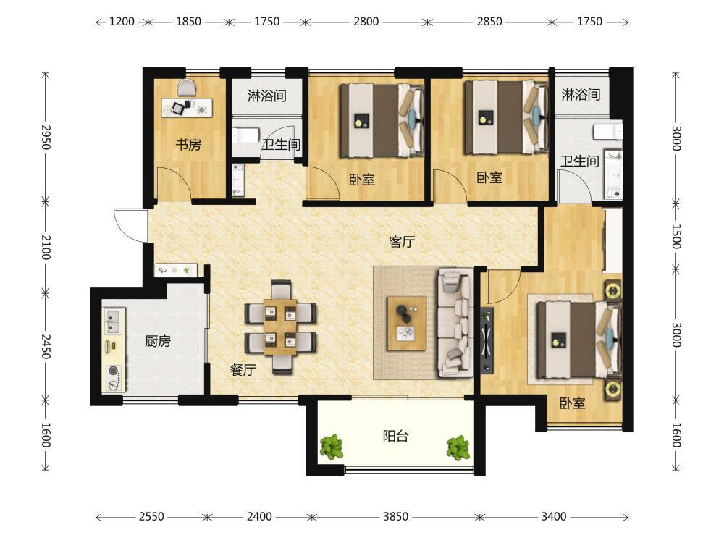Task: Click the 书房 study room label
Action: click(188, 145)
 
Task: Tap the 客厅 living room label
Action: click(402, 242)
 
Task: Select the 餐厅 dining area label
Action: click(243, 369)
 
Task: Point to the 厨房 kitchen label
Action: click(158, 341)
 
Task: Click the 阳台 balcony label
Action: click(396, 436)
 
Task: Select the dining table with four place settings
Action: click(280, 327)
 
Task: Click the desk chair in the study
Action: click(187, 88)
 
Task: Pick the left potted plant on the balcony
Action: click(332, 447)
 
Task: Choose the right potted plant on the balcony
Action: click(458, 448)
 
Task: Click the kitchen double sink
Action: click(113, 321)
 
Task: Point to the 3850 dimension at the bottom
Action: click(396, 516)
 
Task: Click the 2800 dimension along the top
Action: click(366, 21)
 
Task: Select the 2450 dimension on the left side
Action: click(46, 346)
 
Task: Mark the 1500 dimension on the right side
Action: click(676, 237)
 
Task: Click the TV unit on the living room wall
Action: click(487, 340)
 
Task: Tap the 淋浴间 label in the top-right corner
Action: click(581, 95)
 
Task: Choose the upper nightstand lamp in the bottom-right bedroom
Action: click(613, 291)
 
